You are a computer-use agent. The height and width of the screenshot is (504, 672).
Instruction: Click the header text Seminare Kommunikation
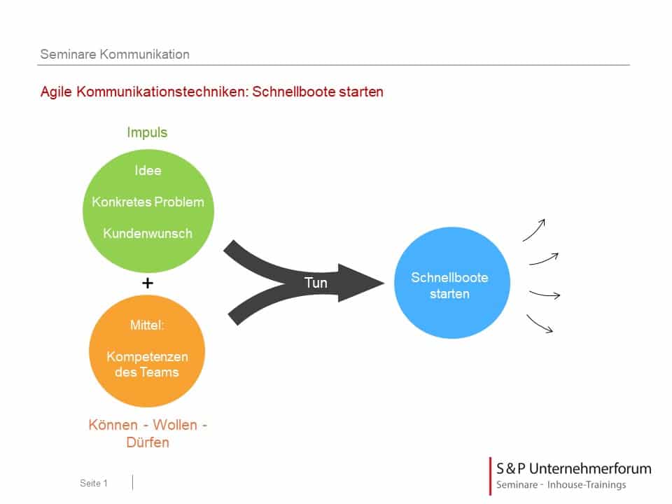point(115,54)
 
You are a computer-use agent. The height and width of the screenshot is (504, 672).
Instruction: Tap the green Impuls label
point(147,132)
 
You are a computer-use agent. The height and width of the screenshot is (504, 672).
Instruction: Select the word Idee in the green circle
point(148,171)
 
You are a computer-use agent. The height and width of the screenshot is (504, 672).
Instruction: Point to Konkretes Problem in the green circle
point(148,202)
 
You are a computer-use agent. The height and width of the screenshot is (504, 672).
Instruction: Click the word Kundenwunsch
point(148,234)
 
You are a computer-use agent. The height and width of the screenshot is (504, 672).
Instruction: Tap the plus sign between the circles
point(147,283)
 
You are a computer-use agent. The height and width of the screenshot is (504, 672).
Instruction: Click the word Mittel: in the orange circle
point(147,325)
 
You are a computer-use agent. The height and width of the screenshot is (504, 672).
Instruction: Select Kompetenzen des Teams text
point(147,364)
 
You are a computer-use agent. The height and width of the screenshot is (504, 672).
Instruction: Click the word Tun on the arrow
point(316,283)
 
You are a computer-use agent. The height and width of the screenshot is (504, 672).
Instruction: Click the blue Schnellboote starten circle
point(449,286)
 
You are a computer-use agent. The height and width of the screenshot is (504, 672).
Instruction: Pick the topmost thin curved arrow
point(534,230)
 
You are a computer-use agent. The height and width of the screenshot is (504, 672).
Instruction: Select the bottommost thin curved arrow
point(540,323)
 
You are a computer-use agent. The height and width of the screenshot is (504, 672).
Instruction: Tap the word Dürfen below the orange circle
point(148,442)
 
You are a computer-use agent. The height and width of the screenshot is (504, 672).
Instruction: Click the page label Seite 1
point(94,483)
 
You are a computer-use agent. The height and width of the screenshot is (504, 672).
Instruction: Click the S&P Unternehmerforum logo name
point(573,468)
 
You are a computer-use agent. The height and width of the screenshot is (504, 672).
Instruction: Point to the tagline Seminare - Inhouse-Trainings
point(561,485)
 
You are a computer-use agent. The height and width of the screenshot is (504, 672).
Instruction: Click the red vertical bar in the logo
point(490,476)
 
